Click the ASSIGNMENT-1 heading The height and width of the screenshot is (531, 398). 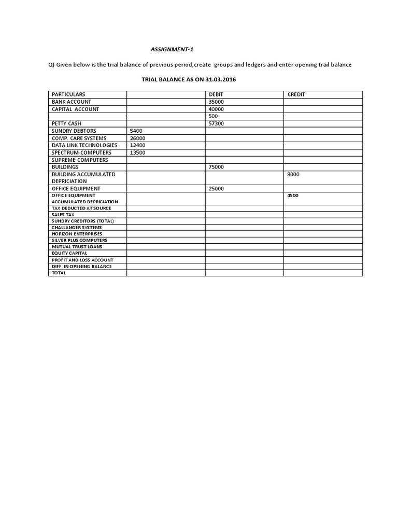pos(168,50)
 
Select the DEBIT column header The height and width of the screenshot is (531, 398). pos(215,94)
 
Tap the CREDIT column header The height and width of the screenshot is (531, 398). pos(296,94)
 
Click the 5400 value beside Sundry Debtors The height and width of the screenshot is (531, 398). pos(136,131)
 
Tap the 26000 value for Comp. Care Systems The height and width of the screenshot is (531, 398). pos(137,138)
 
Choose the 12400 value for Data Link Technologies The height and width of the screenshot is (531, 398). pos(137,145)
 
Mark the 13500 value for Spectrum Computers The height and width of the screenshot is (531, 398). pos(137,152)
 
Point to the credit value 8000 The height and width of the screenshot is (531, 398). pos(293,174)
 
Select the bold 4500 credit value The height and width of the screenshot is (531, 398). pos(292,195)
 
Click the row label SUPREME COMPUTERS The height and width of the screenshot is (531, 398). pos(80,160)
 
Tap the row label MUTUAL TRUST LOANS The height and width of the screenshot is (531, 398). pos(77,247)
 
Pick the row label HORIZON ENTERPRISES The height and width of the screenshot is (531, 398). pos(77,234)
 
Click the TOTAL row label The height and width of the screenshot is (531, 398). pos(59,273)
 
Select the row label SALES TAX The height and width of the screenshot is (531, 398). pos(63,214)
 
